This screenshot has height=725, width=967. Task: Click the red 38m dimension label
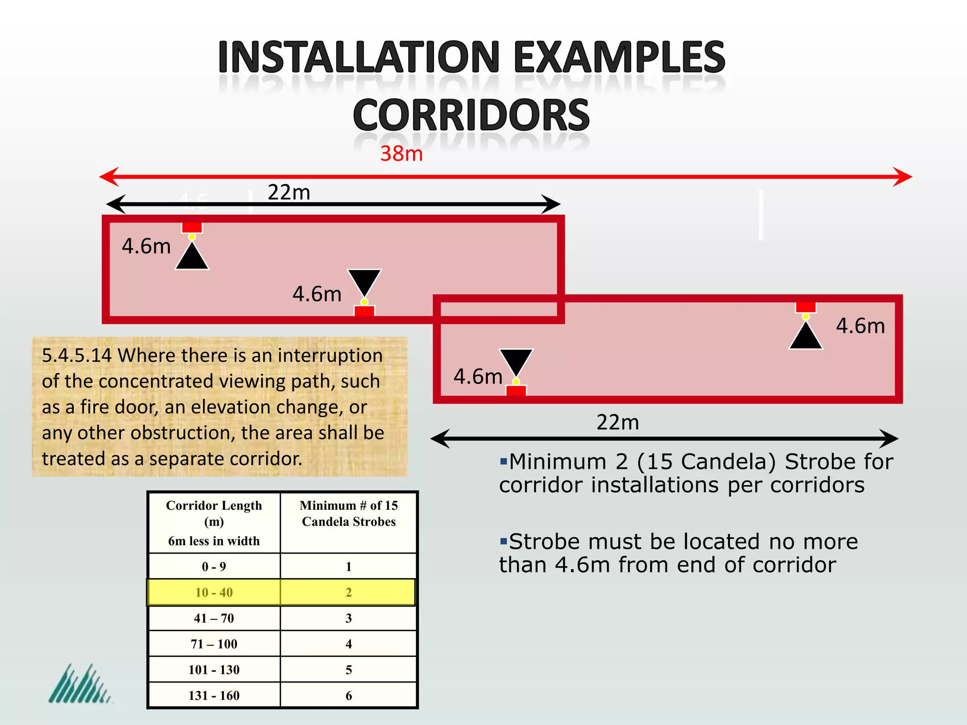pos(401,154)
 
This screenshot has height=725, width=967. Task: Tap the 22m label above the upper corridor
pos(289,192)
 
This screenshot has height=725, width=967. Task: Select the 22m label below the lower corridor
pos(618,422)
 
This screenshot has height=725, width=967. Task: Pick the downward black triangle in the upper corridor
pos(364,282)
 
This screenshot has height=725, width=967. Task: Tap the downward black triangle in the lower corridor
pos(516,362)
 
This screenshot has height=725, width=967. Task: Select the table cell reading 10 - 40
pos(214,592)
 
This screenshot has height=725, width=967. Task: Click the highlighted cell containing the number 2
pos(348,592)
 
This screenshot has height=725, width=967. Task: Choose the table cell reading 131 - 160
pos(214,695)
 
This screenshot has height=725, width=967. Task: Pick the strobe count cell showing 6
pos(348,695)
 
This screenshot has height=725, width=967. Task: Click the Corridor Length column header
pos(214,522)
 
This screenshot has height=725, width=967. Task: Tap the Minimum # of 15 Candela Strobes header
pos(348,514)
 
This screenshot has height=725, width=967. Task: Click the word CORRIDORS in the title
pos(471,115)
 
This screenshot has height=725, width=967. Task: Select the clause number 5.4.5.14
pos(76,355)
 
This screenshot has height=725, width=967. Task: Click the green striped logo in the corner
pos(79,684)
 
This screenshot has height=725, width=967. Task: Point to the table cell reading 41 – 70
pos(214,618)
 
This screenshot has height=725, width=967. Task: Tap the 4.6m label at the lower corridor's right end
pos(860,326)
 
